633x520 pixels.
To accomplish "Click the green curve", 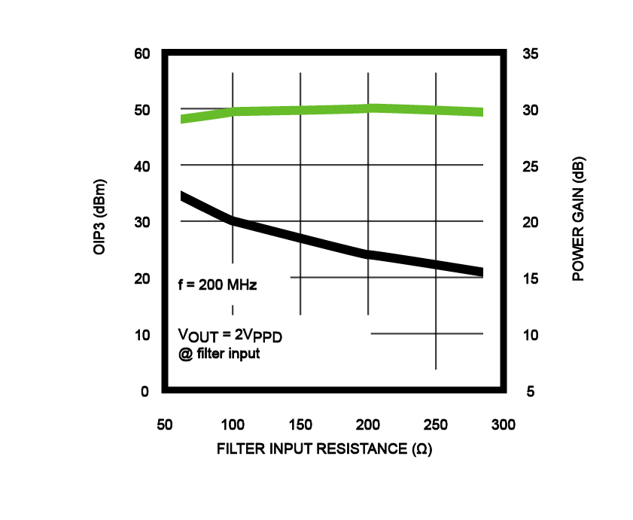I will pos(301,111).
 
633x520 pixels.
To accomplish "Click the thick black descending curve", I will pos(301,239).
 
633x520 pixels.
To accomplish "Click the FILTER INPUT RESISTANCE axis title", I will pos(324,449).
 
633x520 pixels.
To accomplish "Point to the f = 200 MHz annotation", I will pos(218,285).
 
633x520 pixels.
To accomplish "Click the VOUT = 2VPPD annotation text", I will pos(233,334).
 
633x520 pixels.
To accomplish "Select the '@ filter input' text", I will pos(219,352).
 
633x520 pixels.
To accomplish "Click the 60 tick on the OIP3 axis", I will pos(143,54).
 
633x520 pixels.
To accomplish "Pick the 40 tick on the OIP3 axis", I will pos(143,166).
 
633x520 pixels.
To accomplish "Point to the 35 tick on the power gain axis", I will pos(531,54).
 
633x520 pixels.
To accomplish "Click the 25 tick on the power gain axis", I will pos(531,166).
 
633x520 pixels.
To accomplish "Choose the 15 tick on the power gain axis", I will pos(531,279).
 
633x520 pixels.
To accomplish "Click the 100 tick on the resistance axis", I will pos(233,424).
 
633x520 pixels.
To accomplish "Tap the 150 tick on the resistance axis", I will pos(300,424).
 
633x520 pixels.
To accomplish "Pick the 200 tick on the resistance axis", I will pos(368,424).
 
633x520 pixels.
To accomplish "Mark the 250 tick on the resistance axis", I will pos(437,424).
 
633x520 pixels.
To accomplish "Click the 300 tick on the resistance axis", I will pos(504,424).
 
